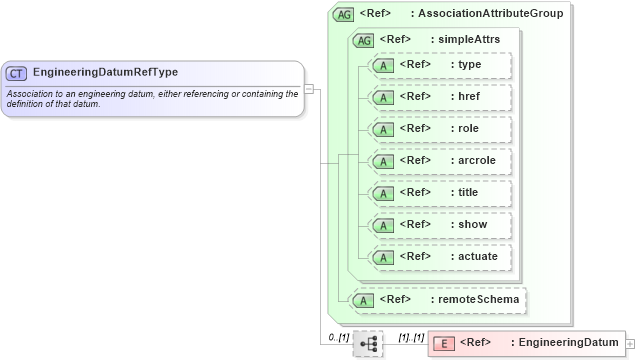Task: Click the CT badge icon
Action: (x=17, y=73)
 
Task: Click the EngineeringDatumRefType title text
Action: (x=105, y=73)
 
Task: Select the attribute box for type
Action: (x=440, y=65)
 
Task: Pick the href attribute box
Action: (x=440, y=97)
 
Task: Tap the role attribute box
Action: (x=440, y=129)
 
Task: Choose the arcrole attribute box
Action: (x=440, y=161)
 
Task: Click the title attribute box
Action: (x=440, y=193)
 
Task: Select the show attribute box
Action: (x=440, y=225)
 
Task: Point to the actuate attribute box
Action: (x=440, y=257)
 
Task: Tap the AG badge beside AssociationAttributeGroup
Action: (x=344, y=14)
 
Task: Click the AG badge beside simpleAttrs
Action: (x=364, y=39)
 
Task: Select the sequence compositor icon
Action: (x=368, y=343)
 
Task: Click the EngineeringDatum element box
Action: (x=525, y=343)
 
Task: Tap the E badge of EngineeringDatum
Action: (x=446, y=343)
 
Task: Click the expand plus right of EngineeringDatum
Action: (x=629, y=343)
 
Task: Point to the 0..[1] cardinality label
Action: (x=339, y=337)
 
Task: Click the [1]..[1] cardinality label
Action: (x=411, y=337)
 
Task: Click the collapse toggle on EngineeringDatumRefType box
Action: (x=309, y=89)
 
